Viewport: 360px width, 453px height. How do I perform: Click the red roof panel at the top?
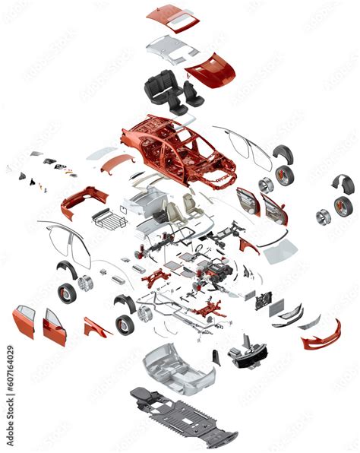tap(172, 17)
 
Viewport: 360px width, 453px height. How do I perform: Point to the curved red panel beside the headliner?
tap(210, 70)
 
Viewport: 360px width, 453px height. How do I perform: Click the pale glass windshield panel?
tap(280, 250)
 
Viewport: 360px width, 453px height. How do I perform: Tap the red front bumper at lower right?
tap(320, 337)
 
